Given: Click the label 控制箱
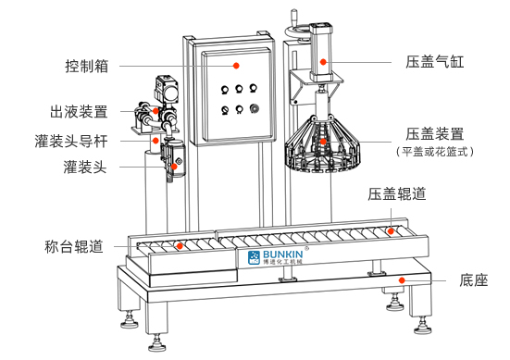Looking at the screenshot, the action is [x=87, y=66].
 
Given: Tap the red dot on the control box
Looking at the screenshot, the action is [x=236, y=66].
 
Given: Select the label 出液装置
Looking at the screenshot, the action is [x=79, y=112].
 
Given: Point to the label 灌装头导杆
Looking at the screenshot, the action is [x=71, y=142].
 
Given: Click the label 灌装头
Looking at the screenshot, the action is [x=85, y=167].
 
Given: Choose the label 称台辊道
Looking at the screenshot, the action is [x=74, y=246].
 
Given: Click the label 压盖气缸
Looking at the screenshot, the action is [x=435, y=62].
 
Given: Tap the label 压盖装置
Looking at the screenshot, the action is [x=435, y=134].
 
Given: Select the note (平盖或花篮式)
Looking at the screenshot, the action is [x=435, y=152].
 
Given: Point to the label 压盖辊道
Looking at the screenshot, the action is [x=397, y=194].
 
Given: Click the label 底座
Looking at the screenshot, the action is [x=474, y=280].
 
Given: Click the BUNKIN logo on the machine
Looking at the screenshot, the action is [x=275, y=257].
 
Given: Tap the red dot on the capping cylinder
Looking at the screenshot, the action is [x=323, y=62].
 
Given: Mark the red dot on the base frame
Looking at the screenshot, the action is [x=402, y=280].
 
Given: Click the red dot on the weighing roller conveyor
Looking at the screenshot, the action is [x=180, y=246].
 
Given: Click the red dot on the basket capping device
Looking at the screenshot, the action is [x=323, y=142].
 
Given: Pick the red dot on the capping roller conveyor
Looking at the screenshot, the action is [x=391, y=231].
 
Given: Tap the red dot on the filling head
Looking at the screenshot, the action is [x=174, y=167].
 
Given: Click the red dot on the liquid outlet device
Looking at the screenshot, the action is [x=155, y=111].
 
